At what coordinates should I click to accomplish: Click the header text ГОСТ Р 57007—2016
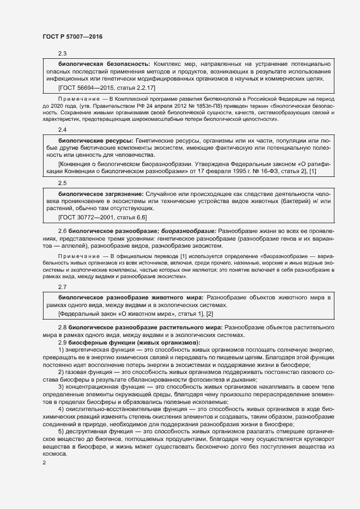point(72,37)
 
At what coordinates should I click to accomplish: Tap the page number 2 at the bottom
point(44,463)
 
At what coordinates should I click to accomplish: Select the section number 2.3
point(62,53)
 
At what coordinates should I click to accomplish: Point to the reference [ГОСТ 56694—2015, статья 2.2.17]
point(107,87)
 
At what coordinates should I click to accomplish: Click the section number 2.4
point(62,131)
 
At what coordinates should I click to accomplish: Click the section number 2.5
point(62,183)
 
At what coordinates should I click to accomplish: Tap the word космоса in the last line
point(55,455)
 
